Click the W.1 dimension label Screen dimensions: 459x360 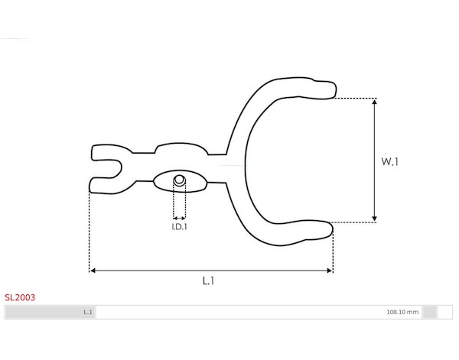point(389,161)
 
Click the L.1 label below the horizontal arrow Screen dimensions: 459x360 point(208,281)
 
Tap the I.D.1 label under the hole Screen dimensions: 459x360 point(179,227)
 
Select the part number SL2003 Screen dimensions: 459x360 point(20,297)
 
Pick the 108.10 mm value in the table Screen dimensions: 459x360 point(402,312)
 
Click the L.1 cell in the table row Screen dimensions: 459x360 point(88,312)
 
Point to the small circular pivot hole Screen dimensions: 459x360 point(180,180)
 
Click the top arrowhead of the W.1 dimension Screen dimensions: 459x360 point(374,102)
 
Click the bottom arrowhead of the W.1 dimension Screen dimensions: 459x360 point(374,219)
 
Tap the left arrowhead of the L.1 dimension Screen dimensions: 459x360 point(93,271)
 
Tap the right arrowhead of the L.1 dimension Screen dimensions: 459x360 point(330,271)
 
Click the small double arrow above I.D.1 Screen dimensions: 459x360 point(179,218)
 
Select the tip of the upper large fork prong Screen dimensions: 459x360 point(336,89)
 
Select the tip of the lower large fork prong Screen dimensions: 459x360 point(332,230)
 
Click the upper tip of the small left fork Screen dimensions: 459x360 point(93,153)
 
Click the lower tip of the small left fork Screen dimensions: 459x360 point(90,185)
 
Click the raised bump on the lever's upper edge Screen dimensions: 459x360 point(181,148)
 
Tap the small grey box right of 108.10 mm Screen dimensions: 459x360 point(430,312)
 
